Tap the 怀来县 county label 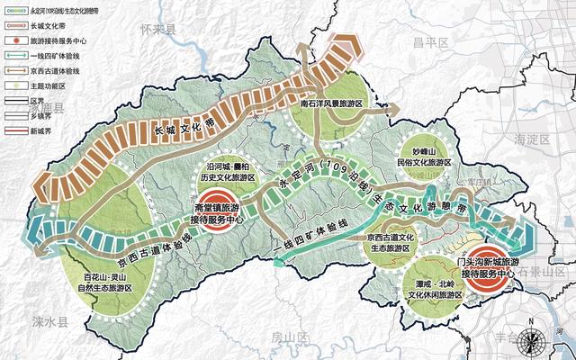pos(161,30)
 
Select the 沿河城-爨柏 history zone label pos(227,174)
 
